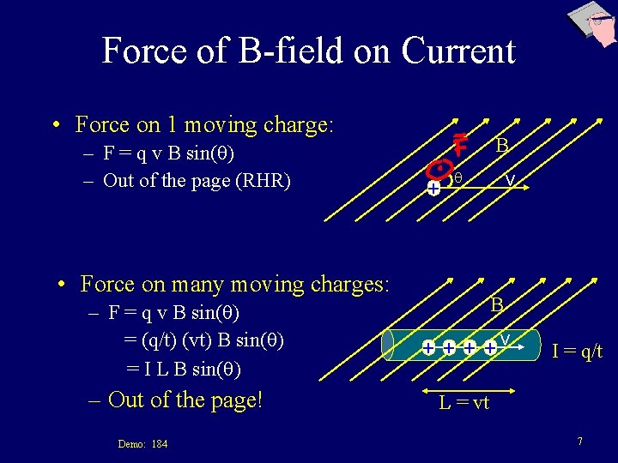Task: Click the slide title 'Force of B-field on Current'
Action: (x=308, y=51)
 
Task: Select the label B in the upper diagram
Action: (x=504, y=147)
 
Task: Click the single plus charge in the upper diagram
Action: (x=433, y=187)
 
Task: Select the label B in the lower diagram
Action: (x=497, y=304)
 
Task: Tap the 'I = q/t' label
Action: (x=577, y=350)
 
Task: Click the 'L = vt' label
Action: (x=463, y=403)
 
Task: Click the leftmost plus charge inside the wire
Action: (x=428, y=348)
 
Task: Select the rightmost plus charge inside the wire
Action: (x=489, y=348)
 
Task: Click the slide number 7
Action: (x=580, y=441)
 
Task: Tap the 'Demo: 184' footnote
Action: (x=142, y=443)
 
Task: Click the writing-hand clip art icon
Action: (x=591, y=26)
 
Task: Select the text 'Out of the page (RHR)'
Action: (x=197, y=180)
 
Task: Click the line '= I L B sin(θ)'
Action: (x=183, y=369)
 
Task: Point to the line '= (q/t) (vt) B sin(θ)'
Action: (x=203, y=340)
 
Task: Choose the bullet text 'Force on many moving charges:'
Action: (x=234, y=283)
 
